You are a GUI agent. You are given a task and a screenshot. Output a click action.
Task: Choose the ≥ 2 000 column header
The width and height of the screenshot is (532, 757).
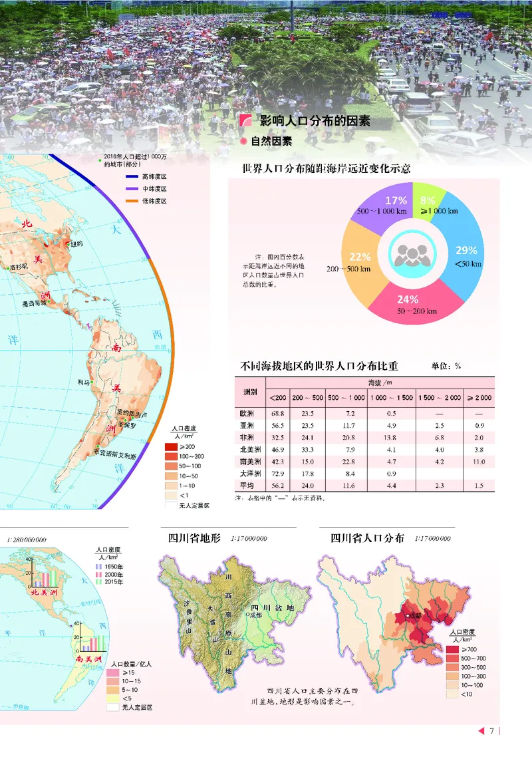pos(479,398)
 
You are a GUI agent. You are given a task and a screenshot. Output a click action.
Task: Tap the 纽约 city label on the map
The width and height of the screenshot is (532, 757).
pos(76,244)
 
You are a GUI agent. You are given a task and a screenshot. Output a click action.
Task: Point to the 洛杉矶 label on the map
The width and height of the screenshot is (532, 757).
pos(20,267)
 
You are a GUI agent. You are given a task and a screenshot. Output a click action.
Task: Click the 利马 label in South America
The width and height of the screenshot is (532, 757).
pos(83,382)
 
